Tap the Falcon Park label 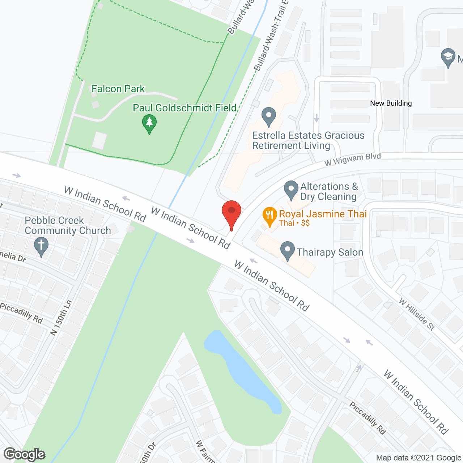(x=118, y=89)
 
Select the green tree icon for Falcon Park (x=149, y=123)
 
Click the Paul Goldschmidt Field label (x=184, y=108)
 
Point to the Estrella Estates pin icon (x=268, y=116)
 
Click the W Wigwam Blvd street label (x=352, y=160)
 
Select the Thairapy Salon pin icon (x=288, y=250)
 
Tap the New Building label (x=391, y=103)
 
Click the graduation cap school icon (x=448, y=57)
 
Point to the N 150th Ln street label (x=61, y=318)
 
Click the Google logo (x=25, y=454)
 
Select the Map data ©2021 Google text (x=419, y=458)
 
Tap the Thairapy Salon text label (x=330, y=252)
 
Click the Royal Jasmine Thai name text (x=323, y=214)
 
